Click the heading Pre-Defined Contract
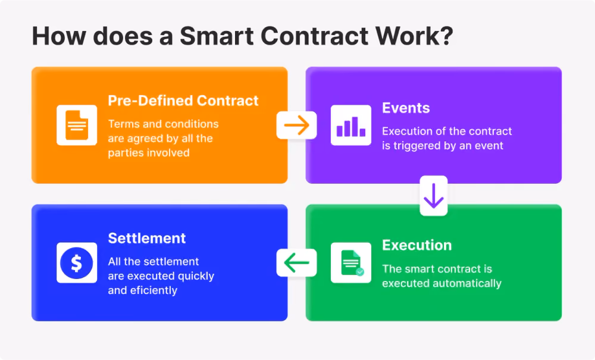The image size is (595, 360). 183,101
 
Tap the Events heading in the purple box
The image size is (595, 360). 406,108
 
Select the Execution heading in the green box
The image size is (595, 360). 416,245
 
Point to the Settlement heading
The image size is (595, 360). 147,238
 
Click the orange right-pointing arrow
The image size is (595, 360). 296,125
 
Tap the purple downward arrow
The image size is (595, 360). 433,196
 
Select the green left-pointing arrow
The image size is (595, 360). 296,262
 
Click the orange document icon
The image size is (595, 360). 77,125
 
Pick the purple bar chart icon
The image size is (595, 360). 351,126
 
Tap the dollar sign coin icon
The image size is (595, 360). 77,262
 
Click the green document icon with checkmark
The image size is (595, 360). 352,262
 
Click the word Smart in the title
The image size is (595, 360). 217,36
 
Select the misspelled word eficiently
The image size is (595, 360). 154,290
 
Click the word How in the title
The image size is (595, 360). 58,36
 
